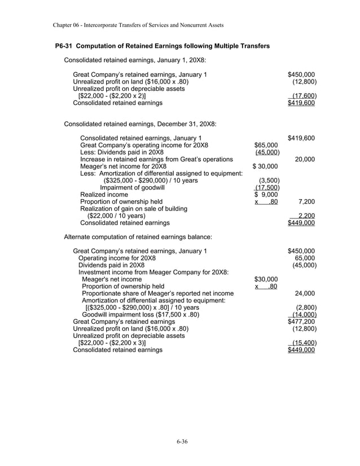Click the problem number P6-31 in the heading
[67, 46]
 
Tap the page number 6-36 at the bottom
[180, 441]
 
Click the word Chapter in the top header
[65, 25]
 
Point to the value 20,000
[305, 159]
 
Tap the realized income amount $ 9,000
[265, 195]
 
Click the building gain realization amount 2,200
[306, 216]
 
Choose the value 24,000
[305, 293]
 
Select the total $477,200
[301, 322]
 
